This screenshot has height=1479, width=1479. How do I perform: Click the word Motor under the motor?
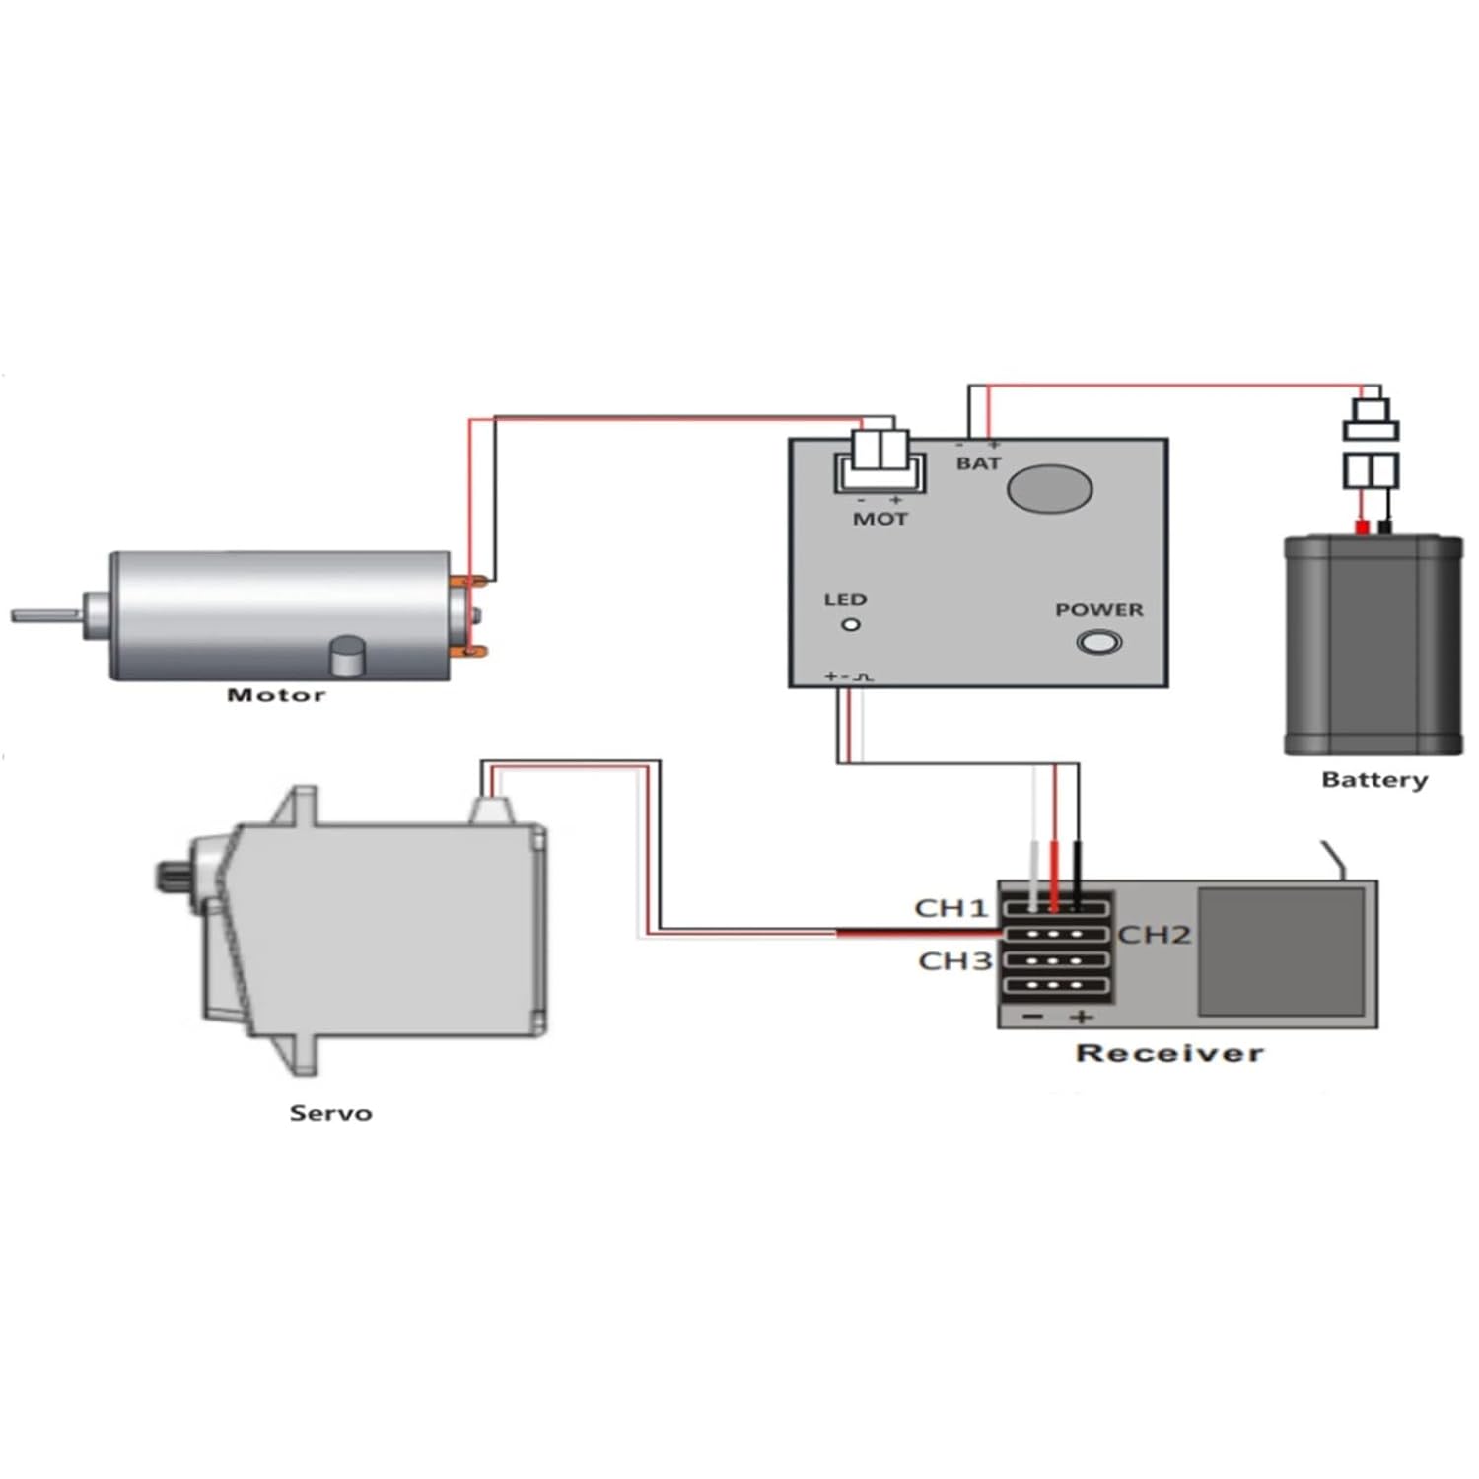[276, 695]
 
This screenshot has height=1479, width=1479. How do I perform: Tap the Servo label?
[330, 1113]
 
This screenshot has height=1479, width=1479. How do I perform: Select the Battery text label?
[1373, 780]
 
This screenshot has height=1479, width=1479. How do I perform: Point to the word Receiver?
[1169, 1053]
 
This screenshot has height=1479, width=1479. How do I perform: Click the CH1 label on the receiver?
[951, 907]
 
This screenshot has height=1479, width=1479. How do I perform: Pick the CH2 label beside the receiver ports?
[1154, 934]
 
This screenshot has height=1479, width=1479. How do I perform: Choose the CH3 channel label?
[954, 960]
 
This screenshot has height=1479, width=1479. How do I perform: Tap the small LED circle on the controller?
[850, 624]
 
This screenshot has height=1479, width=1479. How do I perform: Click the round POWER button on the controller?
[1098, 643]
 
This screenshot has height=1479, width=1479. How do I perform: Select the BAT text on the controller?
[978, 463]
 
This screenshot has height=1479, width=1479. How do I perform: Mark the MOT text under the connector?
[880, 519]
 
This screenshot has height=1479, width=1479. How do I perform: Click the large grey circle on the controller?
[1051, 488]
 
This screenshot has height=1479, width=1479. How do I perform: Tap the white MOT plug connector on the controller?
[880, 457]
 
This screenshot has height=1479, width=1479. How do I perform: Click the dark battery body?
[1373, 646]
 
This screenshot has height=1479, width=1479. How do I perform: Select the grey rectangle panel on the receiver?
[1281, 951]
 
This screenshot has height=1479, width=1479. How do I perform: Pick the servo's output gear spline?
[166, 876]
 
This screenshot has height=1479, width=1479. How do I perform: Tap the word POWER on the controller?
[1098, 610]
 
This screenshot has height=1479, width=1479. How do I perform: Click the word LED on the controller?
[845, 599]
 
